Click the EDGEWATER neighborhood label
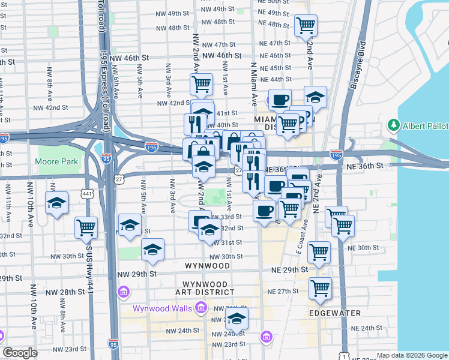(x=335, y=313)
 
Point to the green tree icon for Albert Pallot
(x=394, y=125)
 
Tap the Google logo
(x=20, y=353)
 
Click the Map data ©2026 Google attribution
(x=412, y=355)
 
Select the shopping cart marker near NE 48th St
(x=306, y=25)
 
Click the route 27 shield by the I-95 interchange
(x=119, y=178)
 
